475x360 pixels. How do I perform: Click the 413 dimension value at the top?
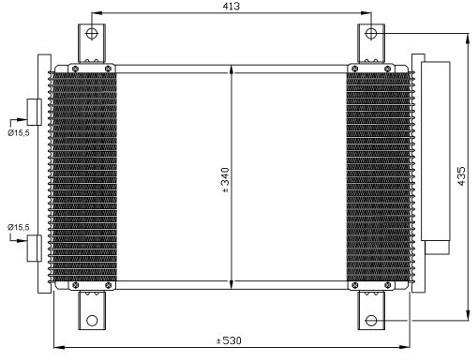231,6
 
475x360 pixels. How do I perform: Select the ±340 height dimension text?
225,180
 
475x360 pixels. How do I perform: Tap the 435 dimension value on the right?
461,176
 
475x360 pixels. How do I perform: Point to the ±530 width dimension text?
228,341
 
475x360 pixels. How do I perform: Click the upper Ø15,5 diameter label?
18,133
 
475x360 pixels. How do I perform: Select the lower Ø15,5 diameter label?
18,227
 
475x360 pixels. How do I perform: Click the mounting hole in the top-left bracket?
91,33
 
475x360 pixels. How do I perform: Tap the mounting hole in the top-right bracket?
371,33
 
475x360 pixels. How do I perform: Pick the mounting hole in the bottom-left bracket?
92,321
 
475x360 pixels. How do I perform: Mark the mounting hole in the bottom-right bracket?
371,321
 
